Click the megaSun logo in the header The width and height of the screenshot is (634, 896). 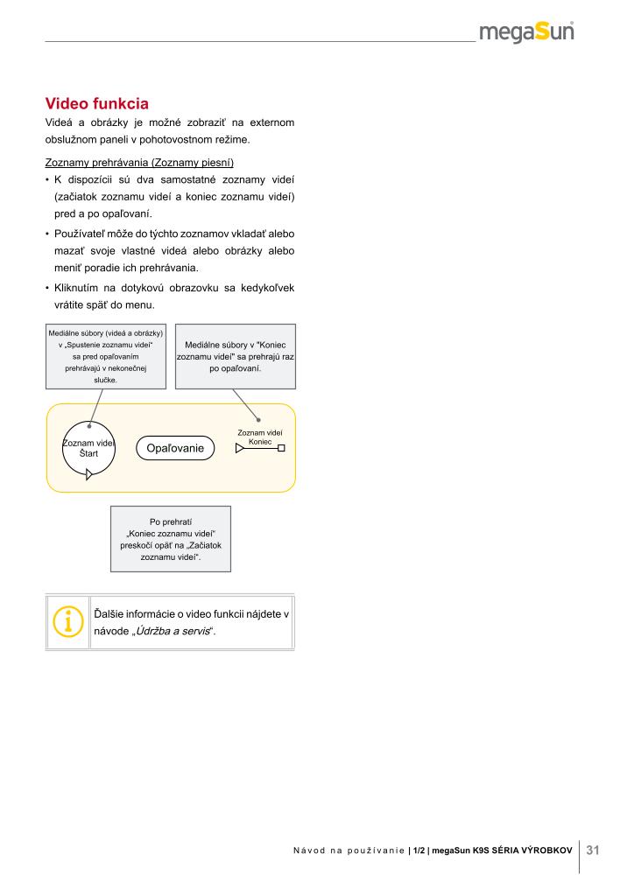pyautogui.click(x=526, y=33)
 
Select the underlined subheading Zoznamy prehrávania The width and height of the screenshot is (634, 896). pyautogui.click(x=139, y=162)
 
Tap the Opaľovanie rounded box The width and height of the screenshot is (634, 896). pyautogui.click(x=175, y=448)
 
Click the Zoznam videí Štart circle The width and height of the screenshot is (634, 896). pyautogui.click(x=88, y=448)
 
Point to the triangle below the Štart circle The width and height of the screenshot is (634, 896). pyautogui.click(x=89, y=476)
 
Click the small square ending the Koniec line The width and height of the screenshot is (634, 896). pyautogui.click(x=281, y=449)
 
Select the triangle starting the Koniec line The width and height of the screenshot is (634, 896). pyautogui.click(x=240, y=449)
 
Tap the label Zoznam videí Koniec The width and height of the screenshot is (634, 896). pyautogui.click(x=260, y=437)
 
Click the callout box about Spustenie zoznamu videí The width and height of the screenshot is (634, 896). pyautogui.click(x=105, y=357)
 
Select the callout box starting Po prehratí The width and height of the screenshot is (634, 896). pyautogui.click(x=171, y=538)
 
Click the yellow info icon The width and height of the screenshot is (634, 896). pyautogui.click(x=67, y=622)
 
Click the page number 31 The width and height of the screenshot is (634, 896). pyautogui.click(x=593, y=850)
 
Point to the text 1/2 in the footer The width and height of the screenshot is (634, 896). pyautogui.click(x=419, y=850)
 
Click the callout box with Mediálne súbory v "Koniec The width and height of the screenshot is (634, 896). pyautogui.click(x=236, y=357)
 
